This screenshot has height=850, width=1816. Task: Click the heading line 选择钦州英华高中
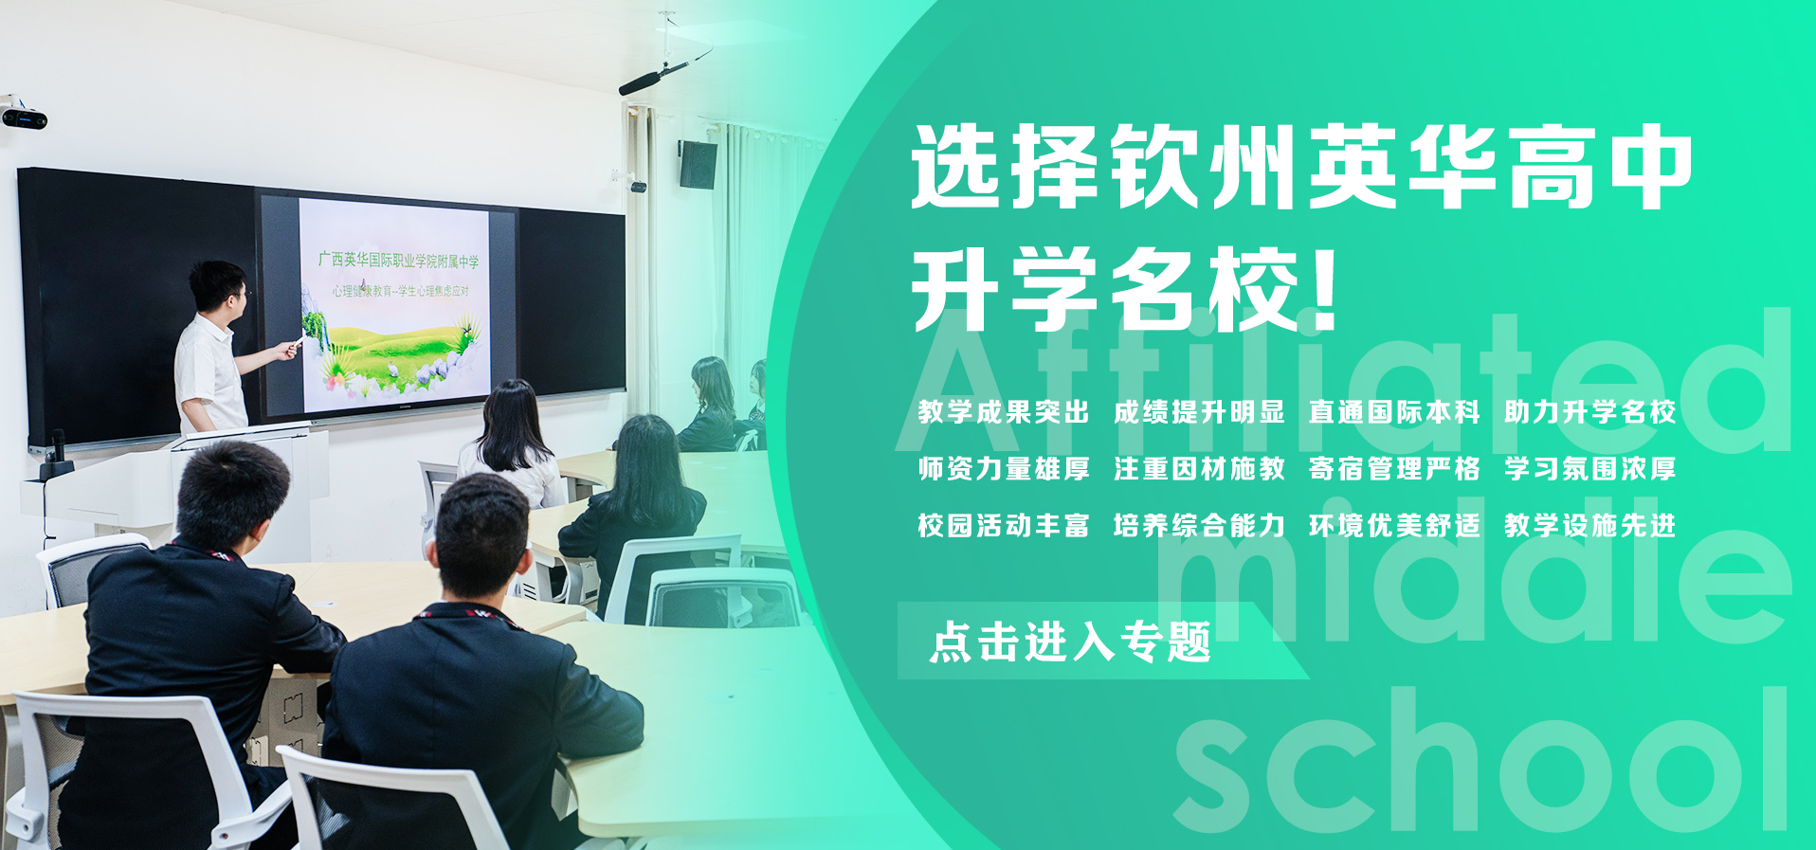[x=1301, y=168]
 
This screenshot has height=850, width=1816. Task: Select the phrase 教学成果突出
[x=1004, y=412]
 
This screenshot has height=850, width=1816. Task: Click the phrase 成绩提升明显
[x=1199, y=412]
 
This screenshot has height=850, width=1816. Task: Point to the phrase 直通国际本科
[x=1394, y=412]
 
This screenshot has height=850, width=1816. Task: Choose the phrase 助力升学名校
[x=1589, y=412]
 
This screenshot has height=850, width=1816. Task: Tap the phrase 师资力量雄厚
[x=1004, y=469]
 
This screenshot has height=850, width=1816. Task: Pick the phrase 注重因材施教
[x=1199, y=469]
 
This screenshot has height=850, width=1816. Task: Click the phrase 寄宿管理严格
[x=1394, y=469]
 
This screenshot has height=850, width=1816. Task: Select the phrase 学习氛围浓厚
[x=1589, y=469]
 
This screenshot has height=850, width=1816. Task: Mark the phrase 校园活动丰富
[x=1004, y=526]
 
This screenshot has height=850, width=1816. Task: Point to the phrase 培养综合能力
[x=1199, y=526]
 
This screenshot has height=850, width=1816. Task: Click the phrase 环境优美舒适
[x=1394, y=526]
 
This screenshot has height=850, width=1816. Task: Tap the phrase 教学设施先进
[x=1589, y=526]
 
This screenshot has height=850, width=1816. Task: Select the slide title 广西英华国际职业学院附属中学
[x=398, y=260]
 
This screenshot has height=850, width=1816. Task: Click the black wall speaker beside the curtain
[x=697, y=164]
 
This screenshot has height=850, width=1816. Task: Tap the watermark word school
[x=1479, y=763]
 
